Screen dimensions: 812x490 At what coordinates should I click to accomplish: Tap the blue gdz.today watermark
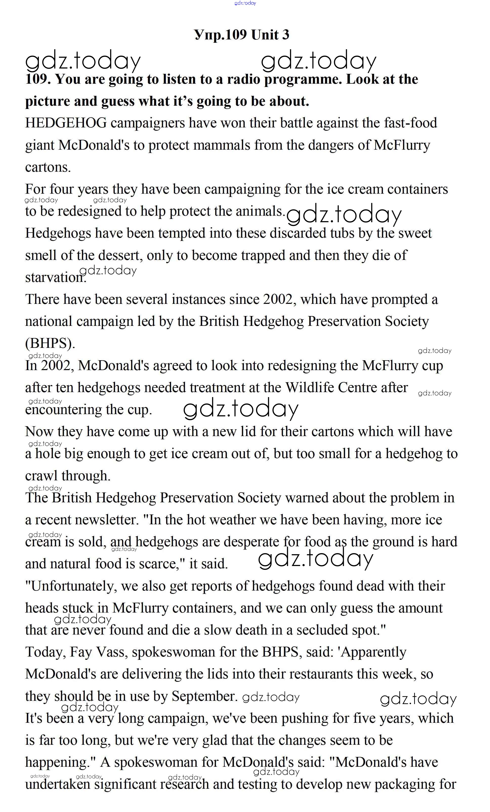245,3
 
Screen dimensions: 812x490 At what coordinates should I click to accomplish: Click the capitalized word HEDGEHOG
66,123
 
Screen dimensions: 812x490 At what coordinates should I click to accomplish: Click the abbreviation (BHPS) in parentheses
50,343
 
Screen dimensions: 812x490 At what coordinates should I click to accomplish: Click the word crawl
41,476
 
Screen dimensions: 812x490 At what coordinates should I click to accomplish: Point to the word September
204,696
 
